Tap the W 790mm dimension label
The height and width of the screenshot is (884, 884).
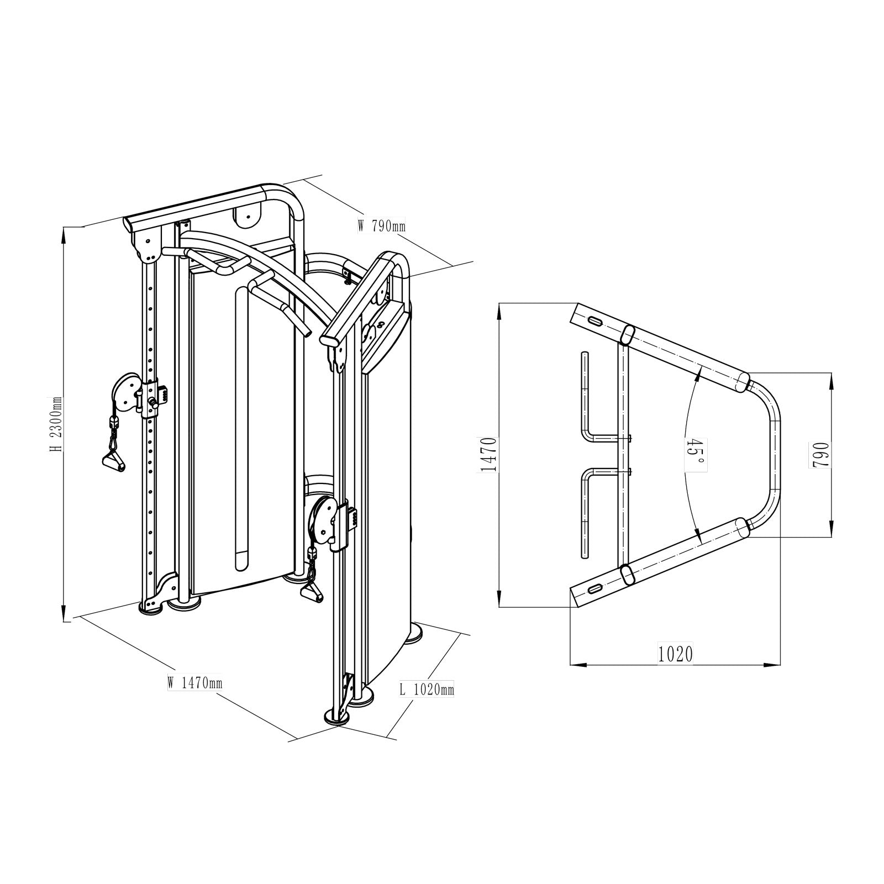pyautogui.click(x=382, y=225)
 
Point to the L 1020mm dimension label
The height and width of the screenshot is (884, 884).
pyautogui.click(x=427, y=690)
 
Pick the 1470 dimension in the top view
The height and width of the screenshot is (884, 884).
pyautogui.click(x=489, y=454)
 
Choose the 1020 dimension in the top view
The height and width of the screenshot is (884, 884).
pyautogui.click(x=675, y=654)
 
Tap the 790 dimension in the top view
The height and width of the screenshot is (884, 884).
pyautogui.click(x=822, y=454)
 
